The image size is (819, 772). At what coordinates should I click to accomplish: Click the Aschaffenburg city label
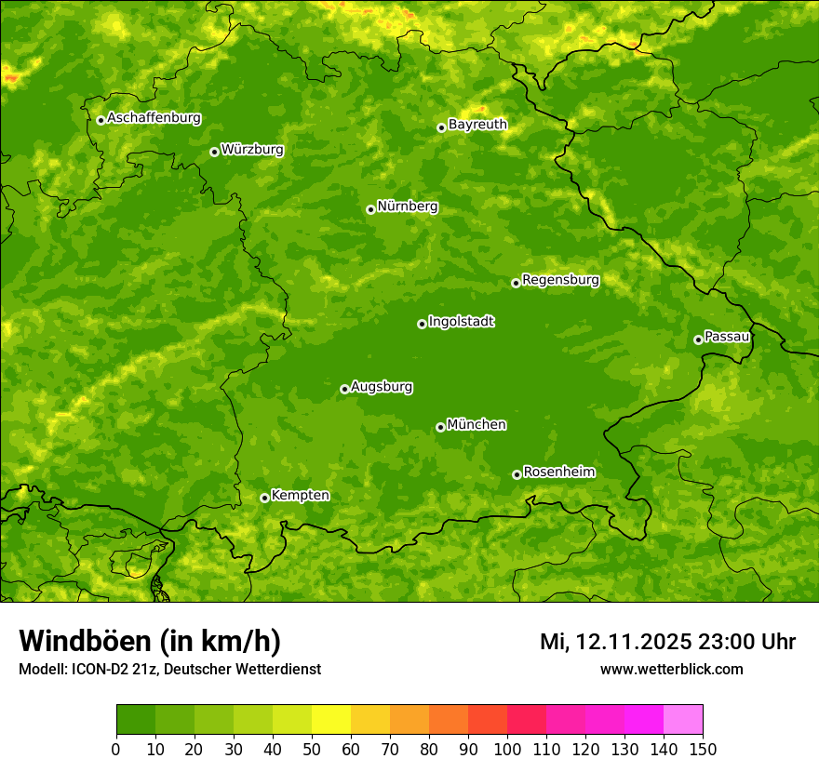pyautogui.click(x=154, y=118)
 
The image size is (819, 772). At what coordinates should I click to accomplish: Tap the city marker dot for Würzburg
pyautogui.click(x=214, y=152)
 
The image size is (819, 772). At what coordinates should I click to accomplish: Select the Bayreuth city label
pyautogui.click(x=477, y=125)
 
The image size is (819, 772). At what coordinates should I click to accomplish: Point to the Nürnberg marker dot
pyautogui.click(x=370, y=209)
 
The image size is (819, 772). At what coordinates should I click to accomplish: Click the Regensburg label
pyautogui.click(x=560, y=280)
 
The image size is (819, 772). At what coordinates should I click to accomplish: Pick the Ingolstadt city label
pyautogui.click(x=461, y=322)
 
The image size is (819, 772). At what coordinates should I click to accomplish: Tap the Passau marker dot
pyautogui.click(x=698, y=339)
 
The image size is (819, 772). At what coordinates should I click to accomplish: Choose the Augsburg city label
pyautogui.click(x=382, y=387)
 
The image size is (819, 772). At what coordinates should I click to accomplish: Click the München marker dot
pyautogui.click(x=440, y=427)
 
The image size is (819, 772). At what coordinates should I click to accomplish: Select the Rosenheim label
pyautogui.click(x=558, y=473)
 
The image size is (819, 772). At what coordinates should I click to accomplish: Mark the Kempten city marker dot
pyautogui.click(x=264, y=498)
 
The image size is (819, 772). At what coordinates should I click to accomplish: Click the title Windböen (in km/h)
pyautogui.click(x=150, y=641)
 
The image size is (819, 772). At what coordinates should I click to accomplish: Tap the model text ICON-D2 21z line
pyautogui.click(x=169, y=669)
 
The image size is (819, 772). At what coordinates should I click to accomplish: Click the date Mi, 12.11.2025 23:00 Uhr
pyautogui.click(x=667, y=642)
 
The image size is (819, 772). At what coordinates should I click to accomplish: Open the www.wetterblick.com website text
pyautogui.click(x=671, y=669)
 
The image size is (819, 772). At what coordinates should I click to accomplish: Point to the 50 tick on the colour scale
pyautogui.click(x=312, y=749)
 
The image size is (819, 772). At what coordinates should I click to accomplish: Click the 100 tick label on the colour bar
pyautogui.click(x=507, y=749)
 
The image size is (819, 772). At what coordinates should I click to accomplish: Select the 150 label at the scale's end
pyautogui.click(x=703, y=749)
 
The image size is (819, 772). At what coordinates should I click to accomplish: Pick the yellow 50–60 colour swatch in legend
pyautogui.click(x=331, y=720)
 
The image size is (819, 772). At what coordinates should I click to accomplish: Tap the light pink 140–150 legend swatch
pyautogui.click(x=683, y=720)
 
